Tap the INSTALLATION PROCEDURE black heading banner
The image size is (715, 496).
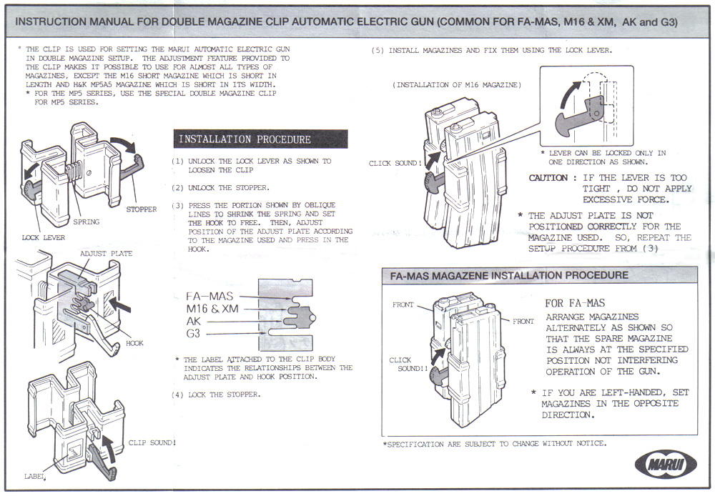pos(260,139)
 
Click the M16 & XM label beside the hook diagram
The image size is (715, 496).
pos(212,309)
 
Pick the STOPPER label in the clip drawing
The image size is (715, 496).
pos(141,209)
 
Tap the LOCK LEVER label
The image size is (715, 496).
pos(42,237)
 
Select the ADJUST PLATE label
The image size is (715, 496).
pos(106,254)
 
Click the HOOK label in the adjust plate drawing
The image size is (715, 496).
pos(134,343)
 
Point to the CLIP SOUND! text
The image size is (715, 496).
pos(152,443)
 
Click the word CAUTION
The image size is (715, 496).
pos(548,178)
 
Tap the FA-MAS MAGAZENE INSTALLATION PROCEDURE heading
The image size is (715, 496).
pos(509,275)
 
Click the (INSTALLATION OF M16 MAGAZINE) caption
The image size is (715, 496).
pos(458,85)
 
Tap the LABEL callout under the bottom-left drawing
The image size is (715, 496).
pos(34,476)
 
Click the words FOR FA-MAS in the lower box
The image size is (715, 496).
pos(575,303)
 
